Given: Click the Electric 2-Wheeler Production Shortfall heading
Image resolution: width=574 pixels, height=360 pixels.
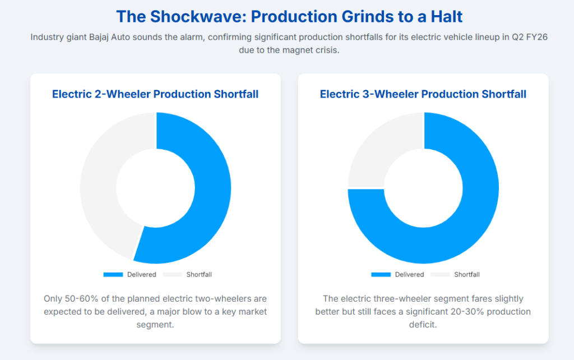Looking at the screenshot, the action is coord(155,94).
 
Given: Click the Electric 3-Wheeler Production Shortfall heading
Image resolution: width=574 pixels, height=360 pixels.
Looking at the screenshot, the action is coord(423,94).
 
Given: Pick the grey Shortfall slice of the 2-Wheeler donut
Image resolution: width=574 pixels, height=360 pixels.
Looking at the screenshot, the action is coord(99,183).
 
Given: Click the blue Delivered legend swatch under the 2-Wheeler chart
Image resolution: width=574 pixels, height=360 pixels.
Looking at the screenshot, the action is coord(113,275).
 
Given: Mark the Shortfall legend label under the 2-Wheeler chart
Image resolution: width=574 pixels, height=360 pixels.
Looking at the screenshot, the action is coord(199,275).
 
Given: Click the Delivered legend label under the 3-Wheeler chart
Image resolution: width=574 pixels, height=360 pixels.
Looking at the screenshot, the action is coord(409,275).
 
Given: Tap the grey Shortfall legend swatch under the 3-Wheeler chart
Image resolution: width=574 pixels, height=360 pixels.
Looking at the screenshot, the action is coord(440,275).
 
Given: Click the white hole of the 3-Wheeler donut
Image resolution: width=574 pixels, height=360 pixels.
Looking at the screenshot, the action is coord(423,188).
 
